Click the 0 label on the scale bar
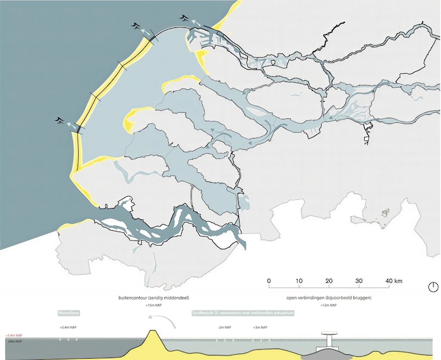269,281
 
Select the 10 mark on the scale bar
299,281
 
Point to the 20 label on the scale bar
329,281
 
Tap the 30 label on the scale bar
358,281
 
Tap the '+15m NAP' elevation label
153,306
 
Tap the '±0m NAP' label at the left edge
14,342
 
